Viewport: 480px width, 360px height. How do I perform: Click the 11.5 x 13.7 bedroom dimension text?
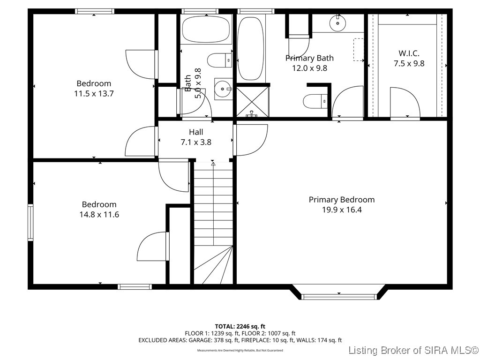[x=94, y=93]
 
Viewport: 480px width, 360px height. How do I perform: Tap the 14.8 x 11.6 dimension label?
[x=99, y=215]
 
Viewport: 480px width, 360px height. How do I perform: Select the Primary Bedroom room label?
[x=341, y=200]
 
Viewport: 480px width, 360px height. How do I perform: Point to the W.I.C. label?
[x=408, y=53]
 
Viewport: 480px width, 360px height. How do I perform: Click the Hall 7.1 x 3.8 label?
[x=196, y=137]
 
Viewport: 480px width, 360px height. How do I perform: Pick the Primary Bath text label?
[x=309, y=58]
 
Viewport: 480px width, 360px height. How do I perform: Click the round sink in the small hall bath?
[x=223, y=88]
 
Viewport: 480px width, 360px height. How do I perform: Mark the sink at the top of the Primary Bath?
[x=337, y=23]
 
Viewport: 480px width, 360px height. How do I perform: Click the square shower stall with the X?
[x=252, y=101]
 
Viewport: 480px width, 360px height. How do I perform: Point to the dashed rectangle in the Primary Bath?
[x=359, y=49]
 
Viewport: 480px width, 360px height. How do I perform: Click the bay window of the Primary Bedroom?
[x=339, y=295]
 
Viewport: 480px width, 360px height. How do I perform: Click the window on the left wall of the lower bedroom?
[x=30, y=222]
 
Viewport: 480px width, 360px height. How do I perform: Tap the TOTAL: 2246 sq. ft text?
[x=240, y=326]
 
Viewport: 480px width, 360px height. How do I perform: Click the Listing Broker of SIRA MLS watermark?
[x=413, y=350]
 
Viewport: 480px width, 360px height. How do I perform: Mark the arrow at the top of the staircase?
[x=213, y=164]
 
